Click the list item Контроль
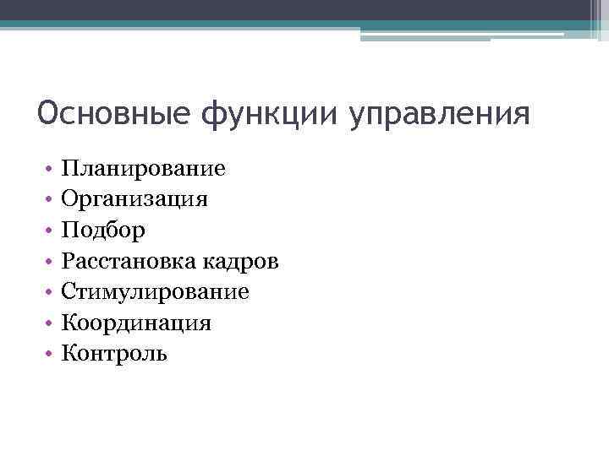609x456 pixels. coord(114,354)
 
